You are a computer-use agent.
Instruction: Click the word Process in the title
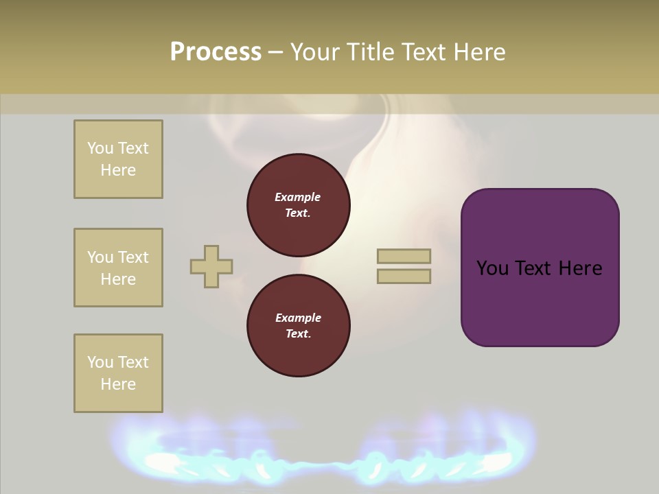(x=216, y=52)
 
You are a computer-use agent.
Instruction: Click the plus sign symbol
(x=211, y=266)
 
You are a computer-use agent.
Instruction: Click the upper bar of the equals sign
(x=404, y=256)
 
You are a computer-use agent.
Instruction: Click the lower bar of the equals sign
(x=404, y=276)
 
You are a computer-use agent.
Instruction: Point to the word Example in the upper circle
(x=298, y=197)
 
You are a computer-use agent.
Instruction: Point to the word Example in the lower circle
(x=298, y=318)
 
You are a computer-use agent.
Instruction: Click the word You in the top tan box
(x=100, y=148)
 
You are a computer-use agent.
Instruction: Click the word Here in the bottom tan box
(x=118, y=384)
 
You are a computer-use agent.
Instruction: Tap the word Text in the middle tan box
(x=133, y=257)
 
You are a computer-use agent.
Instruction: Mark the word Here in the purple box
(x=580, y=268)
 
